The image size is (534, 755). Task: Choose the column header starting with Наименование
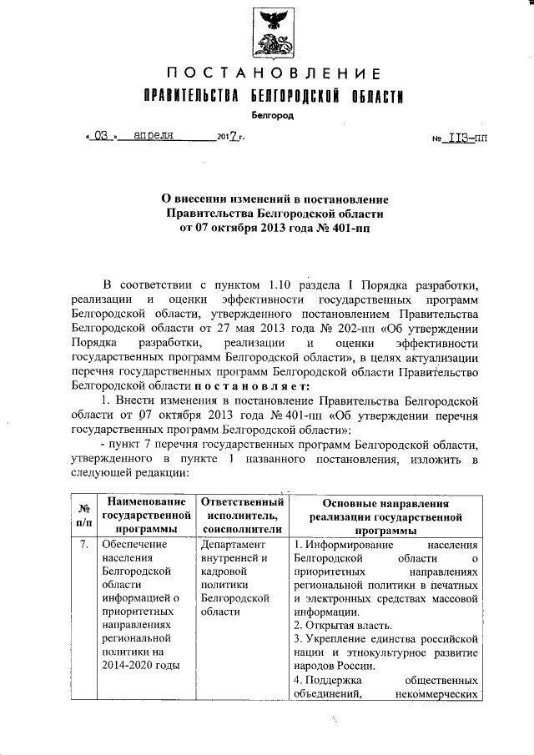point(140,515)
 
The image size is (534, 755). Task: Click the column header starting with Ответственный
point(238,515)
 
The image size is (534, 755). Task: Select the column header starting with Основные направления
point(385,515)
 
